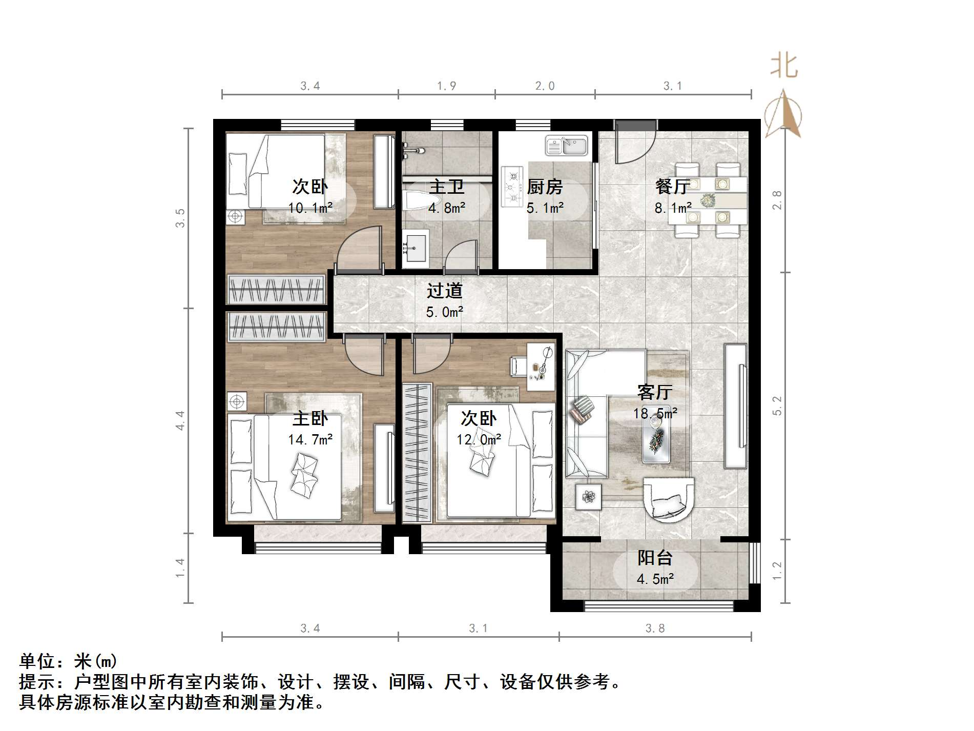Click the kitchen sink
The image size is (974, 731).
point(566,145)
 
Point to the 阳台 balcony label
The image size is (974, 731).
point(655,558)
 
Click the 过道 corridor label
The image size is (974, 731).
point(444,291)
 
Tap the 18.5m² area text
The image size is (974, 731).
point(655,413)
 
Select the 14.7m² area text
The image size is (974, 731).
point(310,439)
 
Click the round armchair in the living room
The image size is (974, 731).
point(668,498)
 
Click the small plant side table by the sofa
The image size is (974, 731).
point(588,496)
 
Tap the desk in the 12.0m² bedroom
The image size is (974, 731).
point(541,367)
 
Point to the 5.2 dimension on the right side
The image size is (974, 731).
point(777,405)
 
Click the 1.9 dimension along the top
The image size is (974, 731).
point(446,86)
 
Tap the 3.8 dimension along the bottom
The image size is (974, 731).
point(655,628)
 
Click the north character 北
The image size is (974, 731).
point(784,67)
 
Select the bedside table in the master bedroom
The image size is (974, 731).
point(237,401)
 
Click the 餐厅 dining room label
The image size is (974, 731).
point(672,187)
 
